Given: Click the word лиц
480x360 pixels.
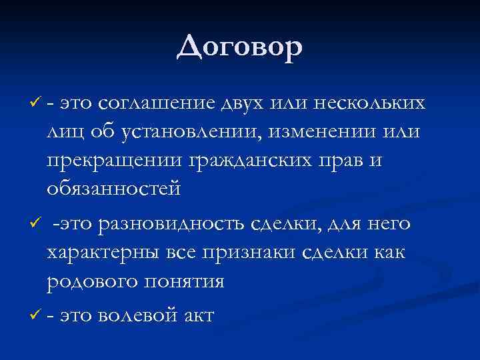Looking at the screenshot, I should tap(66, 132).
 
